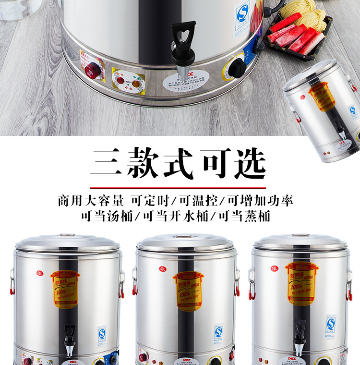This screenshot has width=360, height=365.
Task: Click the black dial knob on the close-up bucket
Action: pos(236,69)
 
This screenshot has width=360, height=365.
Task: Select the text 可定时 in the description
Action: pos(149,199)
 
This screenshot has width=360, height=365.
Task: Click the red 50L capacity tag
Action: pos(39,273)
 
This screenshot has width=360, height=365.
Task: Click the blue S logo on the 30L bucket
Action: pos(331,324)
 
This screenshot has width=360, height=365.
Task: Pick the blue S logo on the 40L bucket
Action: pos(218,332)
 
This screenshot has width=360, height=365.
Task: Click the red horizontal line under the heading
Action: pos(179,187)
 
